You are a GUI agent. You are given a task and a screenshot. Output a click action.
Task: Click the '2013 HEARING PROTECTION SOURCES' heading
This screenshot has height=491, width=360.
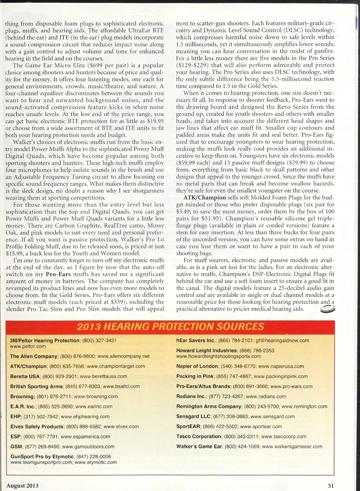[x=170, y=326]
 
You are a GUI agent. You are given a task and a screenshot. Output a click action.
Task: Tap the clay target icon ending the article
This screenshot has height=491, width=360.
[x=327, y=309]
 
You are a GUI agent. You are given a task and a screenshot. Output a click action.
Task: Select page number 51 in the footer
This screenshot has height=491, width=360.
[x=331, y=485]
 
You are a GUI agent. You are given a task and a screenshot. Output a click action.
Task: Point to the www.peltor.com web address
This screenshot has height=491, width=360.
[x=28, y=346]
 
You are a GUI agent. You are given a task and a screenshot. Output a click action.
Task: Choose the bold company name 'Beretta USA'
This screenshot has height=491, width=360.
[x=25, y=376]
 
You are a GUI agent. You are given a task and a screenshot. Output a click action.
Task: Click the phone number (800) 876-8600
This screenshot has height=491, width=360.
[x=78, y=356]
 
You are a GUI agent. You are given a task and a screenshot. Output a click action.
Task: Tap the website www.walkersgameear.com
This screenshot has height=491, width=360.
[x=292, y=446]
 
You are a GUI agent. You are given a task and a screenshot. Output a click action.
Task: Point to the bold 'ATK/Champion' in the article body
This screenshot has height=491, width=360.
[x=205, y=198]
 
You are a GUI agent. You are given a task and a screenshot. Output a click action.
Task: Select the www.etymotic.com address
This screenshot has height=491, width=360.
[x=96, y=462]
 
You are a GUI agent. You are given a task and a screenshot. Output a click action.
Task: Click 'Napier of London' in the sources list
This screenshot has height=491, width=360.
[x=197, y=366]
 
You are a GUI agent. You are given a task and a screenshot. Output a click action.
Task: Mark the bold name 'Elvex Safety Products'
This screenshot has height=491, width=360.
[x=37, y=426]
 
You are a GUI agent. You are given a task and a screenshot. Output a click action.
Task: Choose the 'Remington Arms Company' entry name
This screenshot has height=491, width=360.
[x=209, y=406]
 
